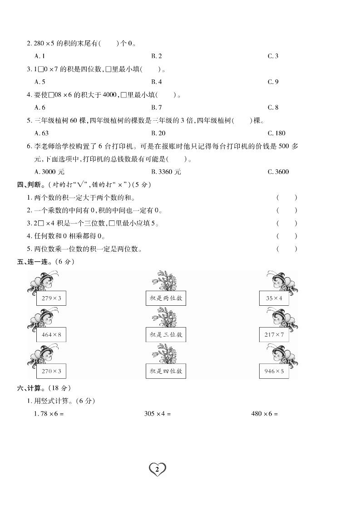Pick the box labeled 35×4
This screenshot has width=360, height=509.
(x=274, y=298)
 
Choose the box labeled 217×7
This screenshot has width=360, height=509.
(x=274, y=335)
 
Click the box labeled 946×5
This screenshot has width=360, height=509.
(x=274, y=371)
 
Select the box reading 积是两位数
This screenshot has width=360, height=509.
(x=166, y=298)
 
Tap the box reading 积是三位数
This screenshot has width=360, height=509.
(x=166, y=335)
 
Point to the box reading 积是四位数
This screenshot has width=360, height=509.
(x=166, y=371)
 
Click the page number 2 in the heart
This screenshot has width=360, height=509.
(x=157, y=469)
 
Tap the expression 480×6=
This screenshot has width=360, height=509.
(x=264, y=414)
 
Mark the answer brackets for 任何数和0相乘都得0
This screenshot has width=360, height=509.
(x=286, y=236)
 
